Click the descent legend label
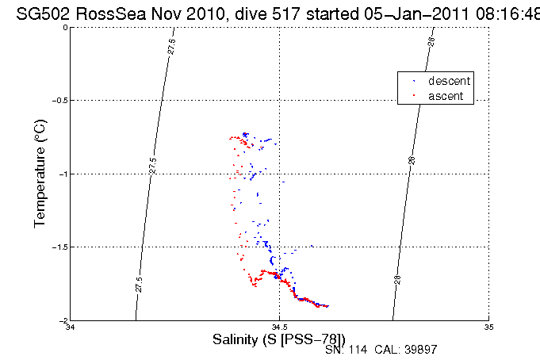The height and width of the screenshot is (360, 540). tap(449, 81)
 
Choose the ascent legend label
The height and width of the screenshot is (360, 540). tap(446, 96)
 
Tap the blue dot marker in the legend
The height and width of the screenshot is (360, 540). tap(414, 81)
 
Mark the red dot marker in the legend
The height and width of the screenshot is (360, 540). tap(414, 96)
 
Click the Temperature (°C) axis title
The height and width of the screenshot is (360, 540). tap(40, 174)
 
